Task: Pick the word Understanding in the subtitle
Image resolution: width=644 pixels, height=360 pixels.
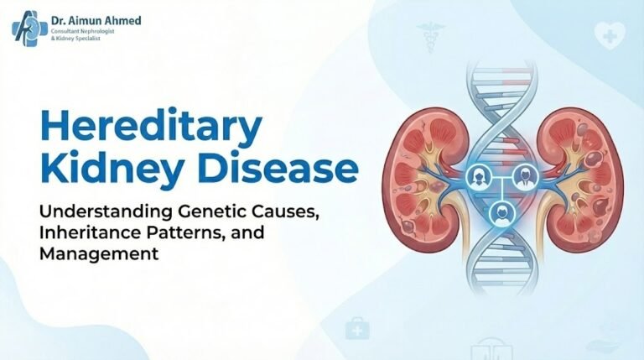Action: tap(91, 211)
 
